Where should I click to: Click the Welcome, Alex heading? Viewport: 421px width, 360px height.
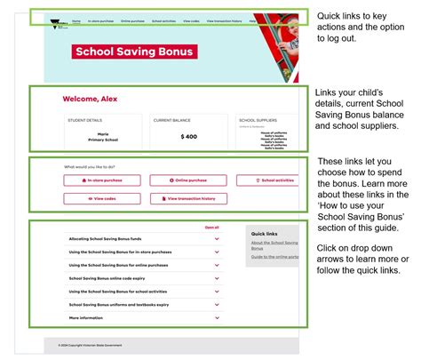coord(89,99)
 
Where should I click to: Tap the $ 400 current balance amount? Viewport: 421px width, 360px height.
coord(187,136)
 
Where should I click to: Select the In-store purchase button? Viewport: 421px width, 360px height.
coord(102,180)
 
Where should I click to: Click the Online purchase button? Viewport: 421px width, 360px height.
coord(187,180)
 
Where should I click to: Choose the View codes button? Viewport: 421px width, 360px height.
coord(102,198)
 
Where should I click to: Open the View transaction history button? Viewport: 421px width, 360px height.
coord(187,198)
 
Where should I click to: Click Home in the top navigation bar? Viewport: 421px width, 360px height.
coord(76,20)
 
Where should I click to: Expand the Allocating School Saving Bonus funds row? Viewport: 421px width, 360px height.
coord(142,239)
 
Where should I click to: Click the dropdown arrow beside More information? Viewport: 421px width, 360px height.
coord(217,317)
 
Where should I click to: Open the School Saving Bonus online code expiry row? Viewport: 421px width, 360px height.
coord(142,278)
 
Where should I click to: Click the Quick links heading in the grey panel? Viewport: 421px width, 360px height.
coord(264,234)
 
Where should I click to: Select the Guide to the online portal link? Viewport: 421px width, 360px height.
coord(273,257)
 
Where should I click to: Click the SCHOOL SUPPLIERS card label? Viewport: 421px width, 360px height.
coord(256,119)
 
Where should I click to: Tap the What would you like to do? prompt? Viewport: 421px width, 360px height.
coord(90,166)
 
